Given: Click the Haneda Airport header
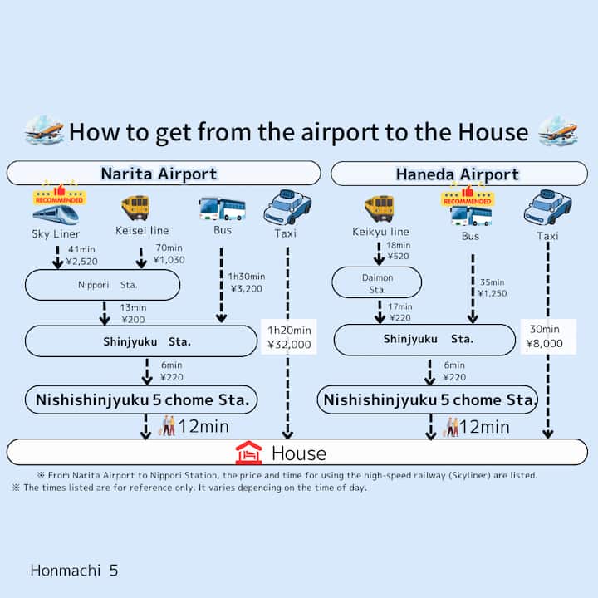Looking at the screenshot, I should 457,174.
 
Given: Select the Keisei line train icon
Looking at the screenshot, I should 135,208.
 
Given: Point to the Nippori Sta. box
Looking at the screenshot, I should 102,284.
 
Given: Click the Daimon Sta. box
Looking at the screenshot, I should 376,283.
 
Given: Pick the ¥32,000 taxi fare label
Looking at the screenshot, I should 289,344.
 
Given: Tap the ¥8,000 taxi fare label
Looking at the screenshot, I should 547,342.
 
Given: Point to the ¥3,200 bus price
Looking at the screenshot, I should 248,290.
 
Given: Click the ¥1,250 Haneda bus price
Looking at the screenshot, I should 493,293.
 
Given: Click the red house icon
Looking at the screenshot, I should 248,453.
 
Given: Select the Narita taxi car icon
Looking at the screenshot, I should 287,208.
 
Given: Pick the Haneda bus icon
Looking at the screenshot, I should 469,214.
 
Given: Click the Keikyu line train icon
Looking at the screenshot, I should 379,208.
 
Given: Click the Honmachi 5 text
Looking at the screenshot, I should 74,571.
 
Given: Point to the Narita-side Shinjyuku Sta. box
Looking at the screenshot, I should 141,341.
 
